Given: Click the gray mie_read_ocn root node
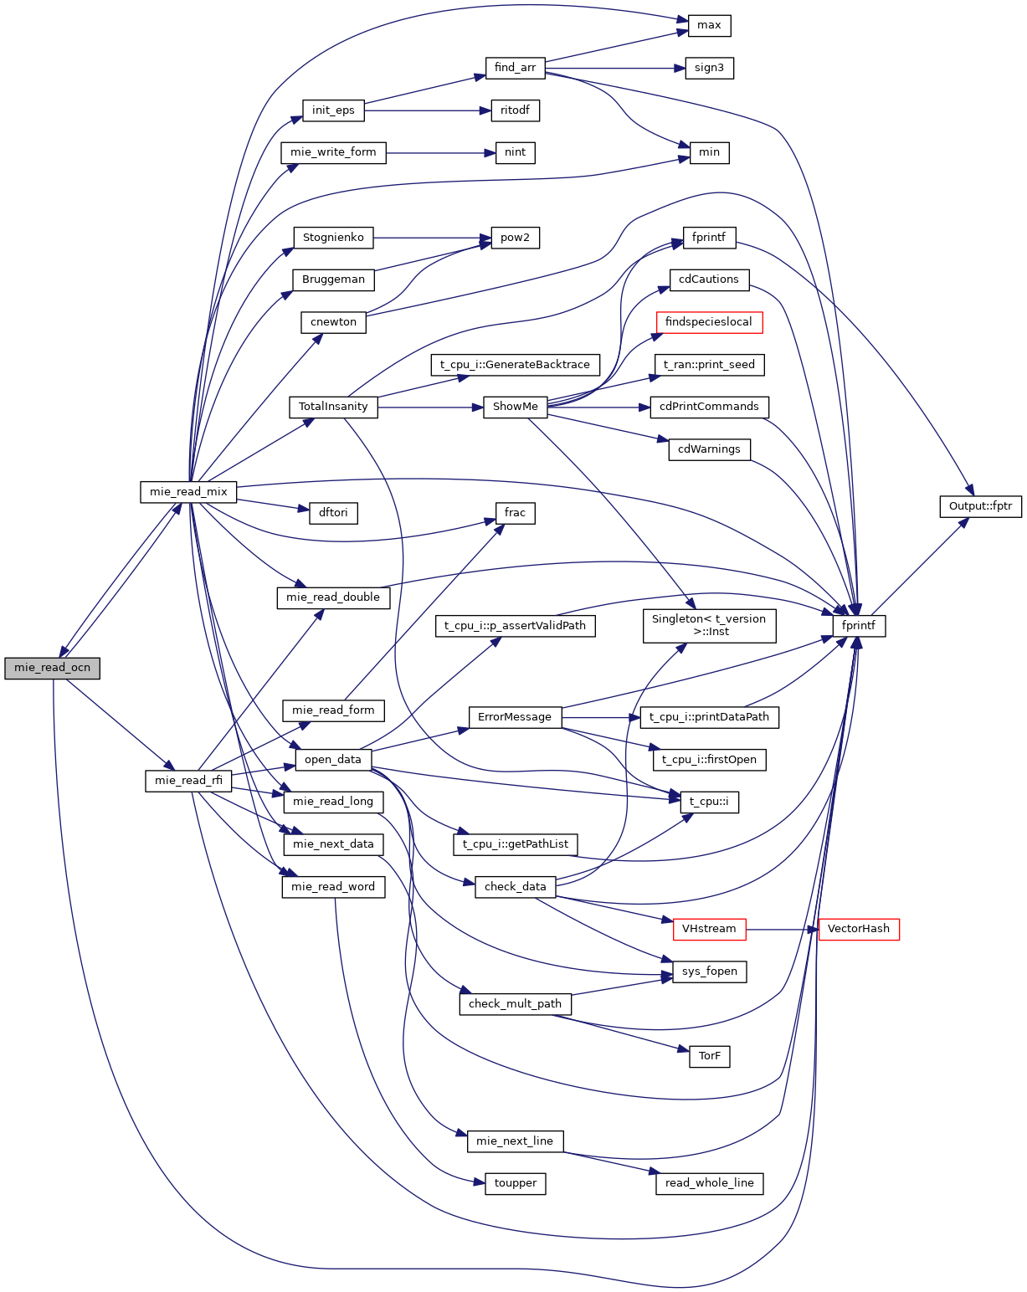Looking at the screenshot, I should [52, 668].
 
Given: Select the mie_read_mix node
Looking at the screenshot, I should [188, 492].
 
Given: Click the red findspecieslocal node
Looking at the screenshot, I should [708, 322].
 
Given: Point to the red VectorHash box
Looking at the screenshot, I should [858, 929].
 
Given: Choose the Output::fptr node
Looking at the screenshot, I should [980, 506].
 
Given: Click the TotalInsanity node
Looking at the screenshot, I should [333, 407].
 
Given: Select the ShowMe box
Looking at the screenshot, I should [515, 407].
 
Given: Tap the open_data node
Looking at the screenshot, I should [332, 760].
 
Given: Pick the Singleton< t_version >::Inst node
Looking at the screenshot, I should [709, 625].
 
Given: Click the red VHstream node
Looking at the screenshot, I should [709, 929].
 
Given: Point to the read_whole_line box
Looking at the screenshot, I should [709, 1183].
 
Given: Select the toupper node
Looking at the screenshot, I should [515, 1183].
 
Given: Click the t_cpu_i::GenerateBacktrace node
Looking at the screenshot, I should [515, 365].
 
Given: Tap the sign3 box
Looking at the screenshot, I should [709, 68].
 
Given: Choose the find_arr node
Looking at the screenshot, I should [515, 68].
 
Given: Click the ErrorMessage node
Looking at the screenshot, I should [515, 717].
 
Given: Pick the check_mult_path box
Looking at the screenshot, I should [515, 1004].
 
